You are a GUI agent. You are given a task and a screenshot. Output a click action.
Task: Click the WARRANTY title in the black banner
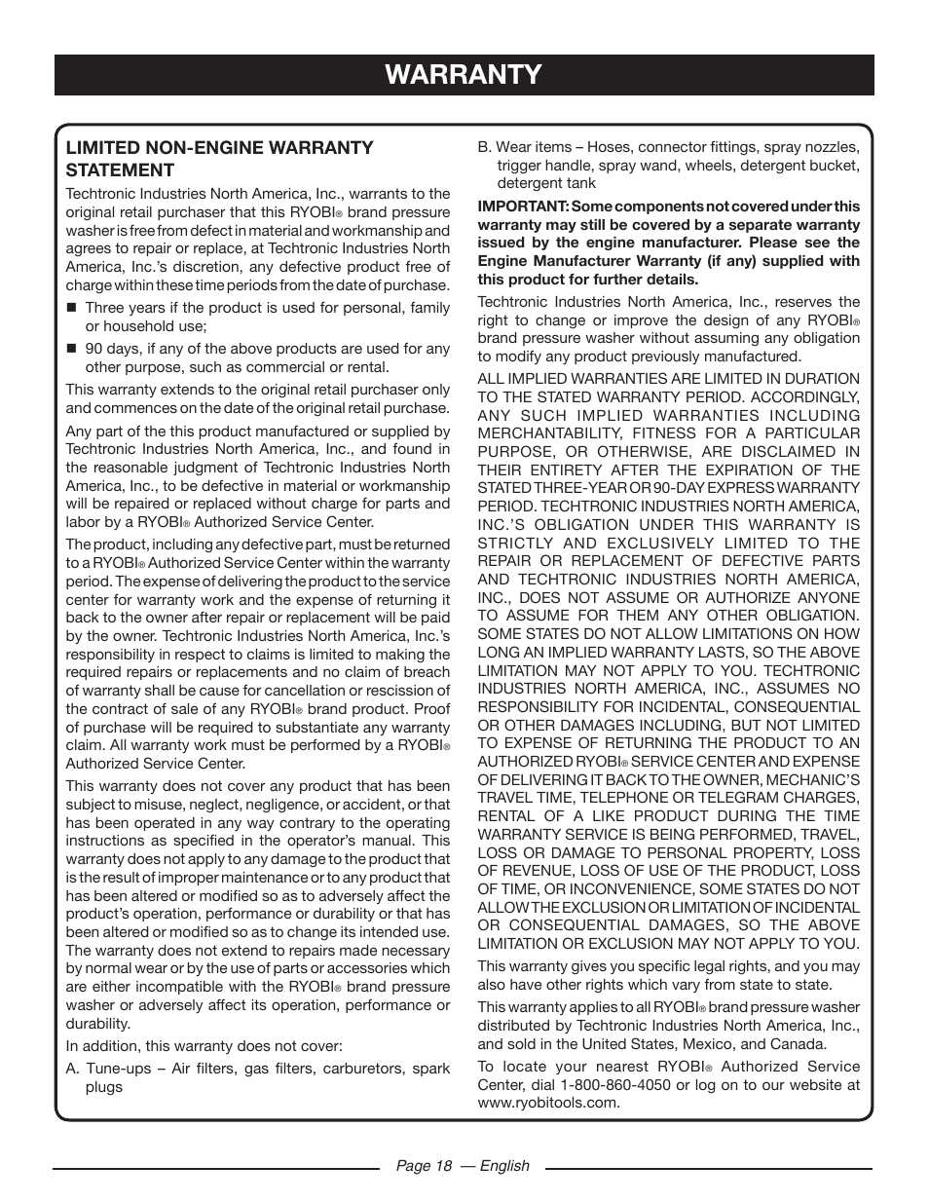(464, 75)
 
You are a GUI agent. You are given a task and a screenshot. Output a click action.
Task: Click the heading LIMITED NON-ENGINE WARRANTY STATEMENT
(219, 158)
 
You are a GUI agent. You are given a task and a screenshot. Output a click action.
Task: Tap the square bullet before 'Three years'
(70, 308)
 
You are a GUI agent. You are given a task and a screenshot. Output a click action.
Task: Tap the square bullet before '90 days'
(70, 349)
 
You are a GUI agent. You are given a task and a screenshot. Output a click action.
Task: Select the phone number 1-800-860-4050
(614, 1085)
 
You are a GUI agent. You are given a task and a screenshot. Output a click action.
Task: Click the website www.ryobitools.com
(547, 1103)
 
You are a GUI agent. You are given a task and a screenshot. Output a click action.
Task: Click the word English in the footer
(505, 1166)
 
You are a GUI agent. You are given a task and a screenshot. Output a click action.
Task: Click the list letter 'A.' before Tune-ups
(73, 1069)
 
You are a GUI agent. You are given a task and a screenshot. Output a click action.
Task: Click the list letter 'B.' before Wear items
(484, 147)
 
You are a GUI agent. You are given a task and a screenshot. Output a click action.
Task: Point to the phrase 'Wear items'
(529, 147)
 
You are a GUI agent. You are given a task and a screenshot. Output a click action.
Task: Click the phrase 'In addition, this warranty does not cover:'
(204, 1046)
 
